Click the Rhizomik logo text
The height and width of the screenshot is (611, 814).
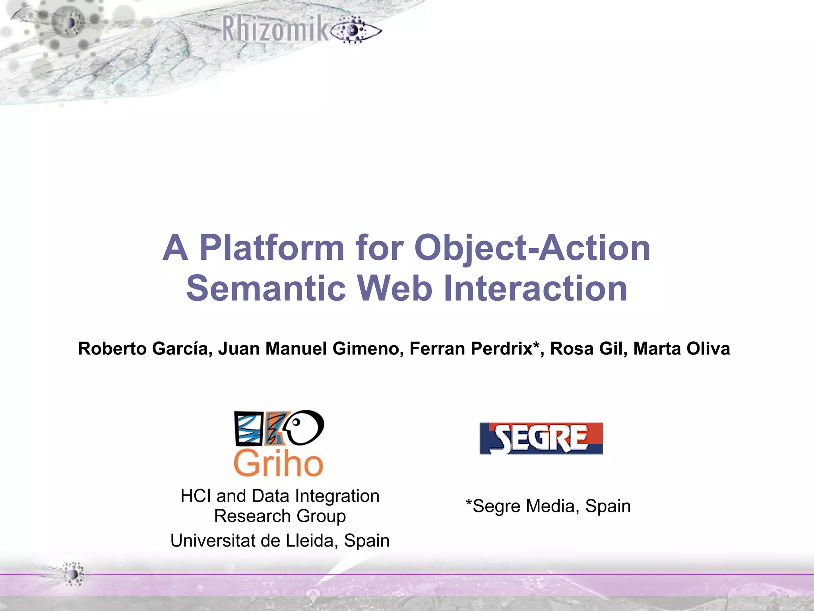click(275, 29)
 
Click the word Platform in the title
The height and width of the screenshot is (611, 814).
click(271, 248)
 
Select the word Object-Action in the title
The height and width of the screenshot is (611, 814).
click(532, 248)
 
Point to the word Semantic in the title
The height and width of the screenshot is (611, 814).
click(266, 288)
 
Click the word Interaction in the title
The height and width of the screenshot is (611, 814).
click(535, 288)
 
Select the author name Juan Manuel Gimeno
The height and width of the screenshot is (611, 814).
click(310, 349)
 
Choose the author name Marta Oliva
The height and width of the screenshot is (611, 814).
click(681, 349)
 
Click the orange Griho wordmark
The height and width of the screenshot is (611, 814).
click(278, 464)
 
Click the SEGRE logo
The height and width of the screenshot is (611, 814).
click(541, 438)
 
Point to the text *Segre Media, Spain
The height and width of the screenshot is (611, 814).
click(548, 506)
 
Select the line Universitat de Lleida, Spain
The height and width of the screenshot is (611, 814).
click(280, 541)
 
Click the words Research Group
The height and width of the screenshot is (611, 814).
click(280, 516)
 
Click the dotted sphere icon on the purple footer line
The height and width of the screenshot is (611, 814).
click(74, 574)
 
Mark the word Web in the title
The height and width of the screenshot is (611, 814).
click(394, 288)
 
